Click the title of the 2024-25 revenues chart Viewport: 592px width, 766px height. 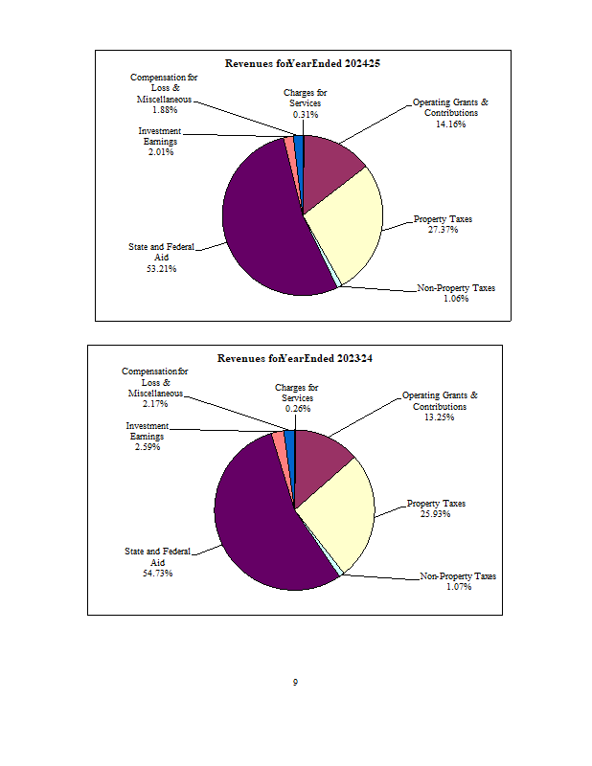pyautogui.click(x=304, y=63)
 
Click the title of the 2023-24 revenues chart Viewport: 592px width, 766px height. pyautogui.click(x=295, y=359)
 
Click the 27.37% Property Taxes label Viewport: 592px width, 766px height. pyautogui.click(x=443, y=224)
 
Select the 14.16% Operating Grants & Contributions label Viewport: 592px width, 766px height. pyautogui.click(x=450, y=113)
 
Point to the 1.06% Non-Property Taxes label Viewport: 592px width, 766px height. pyautogui.click(x=456, y=293)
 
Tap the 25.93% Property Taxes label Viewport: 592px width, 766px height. pyautogui.click(x=436, y=508)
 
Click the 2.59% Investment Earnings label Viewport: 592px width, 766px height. pyautogui.click(x=148, y=437)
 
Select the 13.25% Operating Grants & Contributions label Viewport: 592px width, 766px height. pyautogui.click(x=440, y=406)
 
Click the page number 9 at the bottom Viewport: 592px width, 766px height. pyautogui.click(x=295, y=683)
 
